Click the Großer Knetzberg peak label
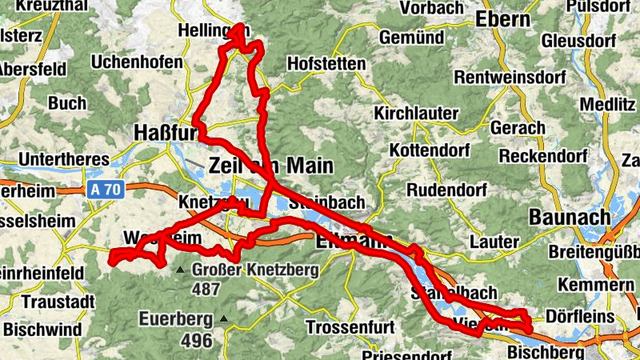pyautogui.click(x=255, y=270)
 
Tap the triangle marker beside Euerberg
pyautogui.click(x=223, y=320)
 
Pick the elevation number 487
pyautogui.click(x=206, y=290)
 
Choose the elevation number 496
pyautogui.click(x=196, y=340)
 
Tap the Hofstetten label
pyautogui.click(x=326, y=63)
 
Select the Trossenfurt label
pyautogui.click(x=345, y=327)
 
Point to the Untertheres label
pyautogui.click(x=58, y=158)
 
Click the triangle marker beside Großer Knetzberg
pyautogui.click(x=181, y=270)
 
